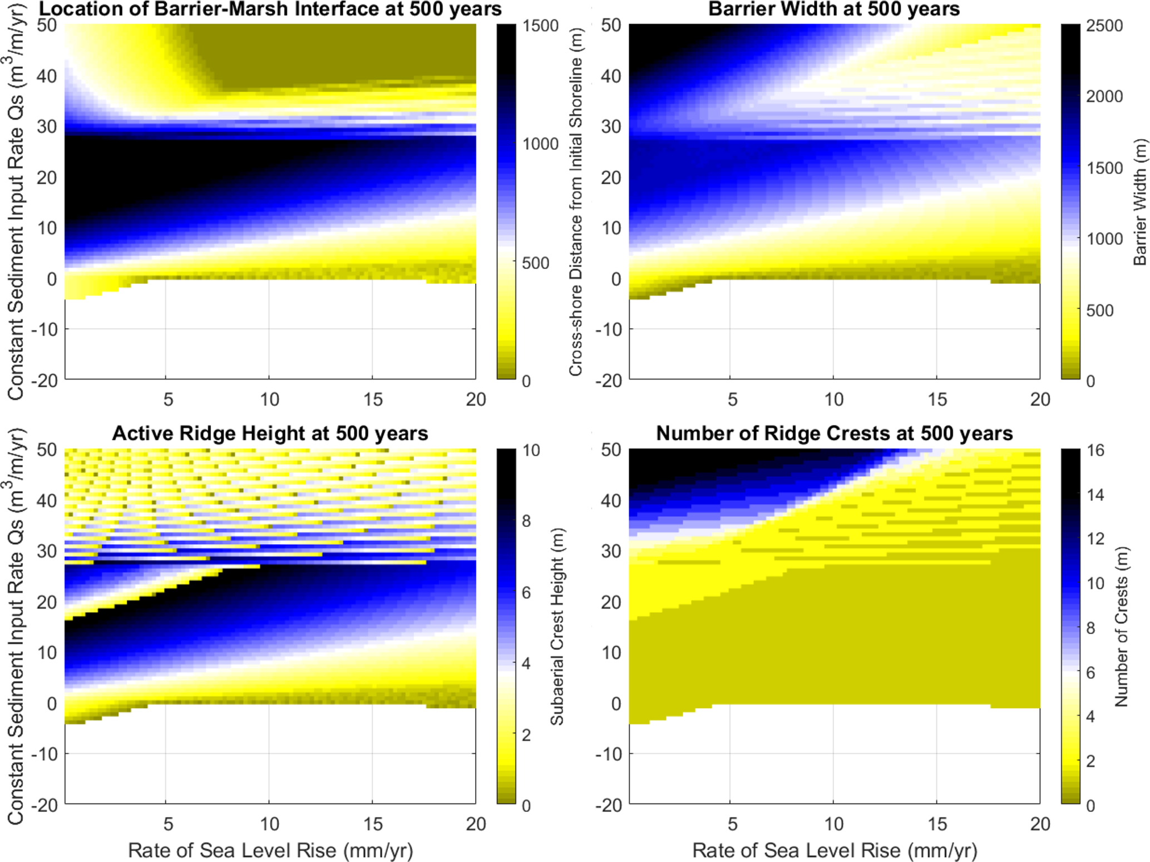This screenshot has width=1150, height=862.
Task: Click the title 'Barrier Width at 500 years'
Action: [x=834, y=9]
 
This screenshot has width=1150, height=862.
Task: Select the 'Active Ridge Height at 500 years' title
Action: [x=270, y=434]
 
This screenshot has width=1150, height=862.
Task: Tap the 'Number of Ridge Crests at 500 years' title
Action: [x=834, y=434]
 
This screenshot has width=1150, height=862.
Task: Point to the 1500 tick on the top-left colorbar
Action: [x=540, y=26]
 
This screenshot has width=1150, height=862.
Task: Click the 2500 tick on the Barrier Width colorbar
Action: [x=1104, y=26]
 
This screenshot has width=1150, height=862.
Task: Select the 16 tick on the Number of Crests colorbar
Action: [x=1095, y=450]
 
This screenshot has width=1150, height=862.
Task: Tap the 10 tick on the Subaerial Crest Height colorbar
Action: [x=531, y=450]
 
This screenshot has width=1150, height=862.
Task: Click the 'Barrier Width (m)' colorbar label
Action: [x=1140, y=202]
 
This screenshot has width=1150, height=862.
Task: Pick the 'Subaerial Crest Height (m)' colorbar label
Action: [x=557, y=626]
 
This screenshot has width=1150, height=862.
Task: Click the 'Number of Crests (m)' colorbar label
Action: [x=1121, y=626]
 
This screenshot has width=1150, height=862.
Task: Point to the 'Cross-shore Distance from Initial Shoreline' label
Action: [x=576, y=202]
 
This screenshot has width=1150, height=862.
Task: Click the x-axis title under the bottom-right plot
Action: [x=834, y=850]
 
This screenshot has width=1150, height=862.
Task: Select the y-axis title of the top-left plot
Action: [x=16, y=202]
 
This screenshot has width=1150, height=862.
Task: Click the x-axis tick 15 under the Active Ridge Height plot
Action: [x=372, y=824]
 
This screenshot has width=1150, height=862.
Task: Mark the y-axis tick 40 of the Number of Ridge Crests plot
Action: [x=611, y=500]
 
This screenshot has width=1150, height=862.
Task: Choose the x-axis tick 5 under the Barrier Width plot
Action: [x=732, y=399]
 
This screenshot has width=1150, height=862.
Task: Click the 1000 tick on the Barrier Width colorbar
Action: [x=1104, y=239]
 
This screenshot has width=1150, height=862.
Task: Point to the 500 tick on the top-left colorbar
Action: [x=536, y=263]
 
